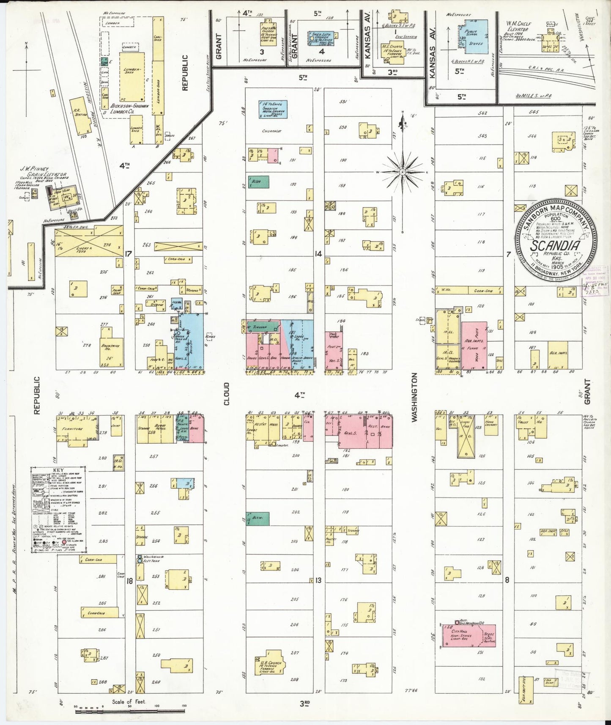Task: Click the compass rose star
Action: click(403, 172)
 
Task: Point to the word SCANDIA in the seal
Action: click(555, 246)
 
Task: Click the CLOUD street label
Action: click(227, 394)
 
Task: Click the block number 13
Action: click(318, 580)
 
